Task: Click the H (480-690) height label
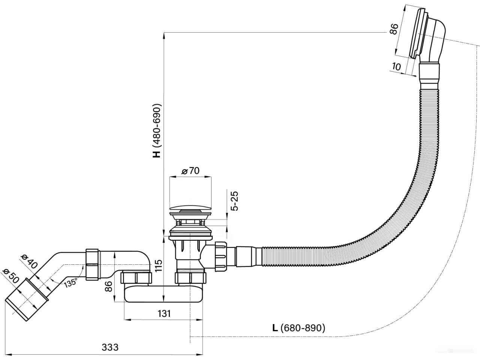[157, 130]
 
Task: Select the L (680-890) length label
[299, 328]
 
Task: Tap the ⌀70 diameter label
[190, 171]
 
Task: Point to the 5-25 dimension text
[235, 201]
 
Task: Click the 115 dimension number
[158, 265]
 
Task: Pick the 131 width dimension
[164, 313]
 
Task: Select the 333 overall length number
[110, 347]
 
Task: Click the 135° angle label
[70, 283]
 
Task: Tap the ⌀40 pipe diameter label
[28, 261]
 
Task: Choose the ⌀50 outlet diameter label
[11, 276]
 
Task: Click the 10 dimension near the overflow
[396, 66]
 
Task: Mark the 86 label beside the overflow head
[394, 29]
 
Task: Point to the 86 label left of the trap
[108, 286]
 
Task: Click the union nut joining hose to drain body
[221, 256]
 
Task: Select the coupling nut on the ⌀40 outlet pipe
[93, 264]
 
